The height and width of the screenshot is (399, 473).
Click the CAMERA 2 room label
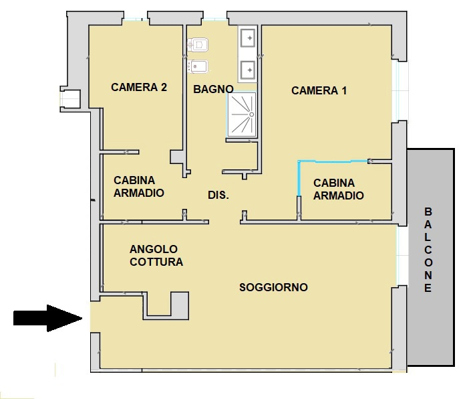pos(138,87)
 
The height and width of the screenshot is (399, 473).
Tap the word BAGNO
pos(213,89)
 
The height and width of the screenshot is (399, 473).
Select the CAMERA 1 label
pos(319,91)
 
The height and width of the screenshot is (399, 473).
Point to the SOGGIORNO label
pos(273,287)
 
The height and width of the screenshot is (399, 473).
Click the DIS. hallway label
pos(218,195)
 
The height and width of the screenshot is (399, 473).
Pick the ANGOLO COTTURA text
pos(156,256)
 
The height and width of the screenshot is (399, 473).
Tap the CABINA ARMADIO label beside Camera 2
pos(138,187)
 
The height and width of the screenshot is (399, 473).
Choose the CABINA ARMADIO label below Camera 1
pos(338,189)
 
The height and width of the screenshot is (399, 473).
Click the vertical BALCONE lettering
pos(428,250)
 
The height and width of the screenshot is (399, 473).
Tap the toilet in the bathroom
pos(199,45)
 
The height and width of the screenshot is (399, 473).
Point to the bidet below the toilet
pos(199,66)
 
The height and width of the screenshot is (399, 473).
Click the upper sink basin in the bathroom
pos(249,39)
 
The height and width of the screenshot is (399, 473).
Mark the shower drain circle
pos(251,115)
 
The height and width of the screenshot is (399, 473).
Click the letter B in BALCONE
pos(428,212)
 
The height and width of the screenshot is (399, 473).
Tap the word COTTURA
pos(156,262)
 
